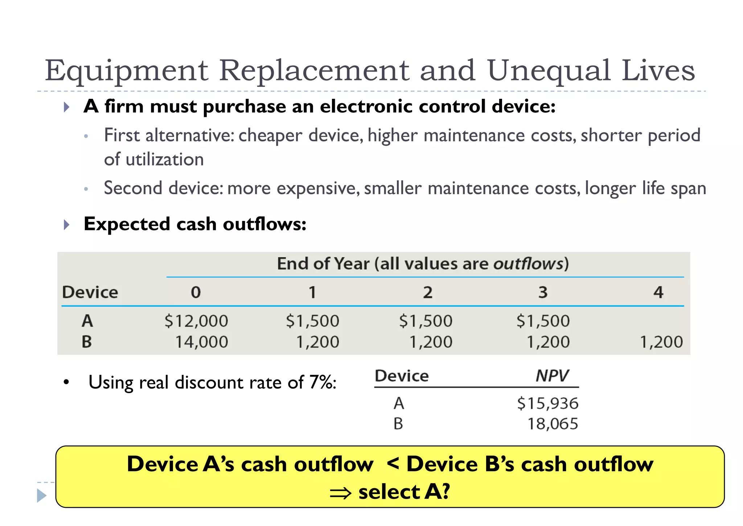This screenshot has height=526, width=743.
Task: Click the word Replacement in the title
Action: click(x=314, y=70)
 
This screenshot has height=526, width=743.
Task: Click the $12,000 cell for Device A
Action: click(x=196, y=321)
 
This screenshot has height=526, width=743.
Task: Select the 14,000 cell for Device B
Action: click(x=201, y=342)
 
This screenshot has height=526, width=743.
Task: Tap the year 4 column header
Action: click(x=658, y=292)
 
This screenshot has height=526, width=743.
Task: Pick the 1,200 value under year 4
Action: click(x=661, y=342)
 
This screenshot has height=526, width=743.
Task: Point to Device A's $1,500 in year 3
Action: click(x=543, y=321)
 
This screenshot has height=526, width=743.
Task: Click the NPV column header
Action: click(x=552, y=376)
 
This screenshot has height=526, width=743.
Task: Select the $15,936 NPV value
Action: click(x=547, y=404)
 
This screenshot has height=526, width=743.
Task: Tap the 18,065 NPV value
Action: click(x=552, y=424)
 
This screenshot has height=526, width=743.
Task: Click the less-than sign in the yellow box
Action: click(x=393, y=463)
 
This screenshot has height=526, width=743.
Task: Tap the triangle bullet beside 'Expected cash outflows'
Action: click(x=66, y=224)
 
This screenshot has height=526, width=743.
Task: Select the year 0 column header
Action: click(x=196, y=292)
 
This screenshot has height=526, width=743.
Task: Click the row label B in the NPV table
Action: click(x=398, y=424)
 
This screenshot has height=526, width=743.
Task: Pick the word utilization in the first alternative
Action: click(x=165, y=160)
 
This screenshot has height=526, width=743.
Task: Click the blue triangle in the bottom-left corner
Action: click(x=41, y=495)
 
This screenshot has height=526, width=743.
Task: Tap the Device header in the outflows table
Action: click(x=90, y=292)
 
